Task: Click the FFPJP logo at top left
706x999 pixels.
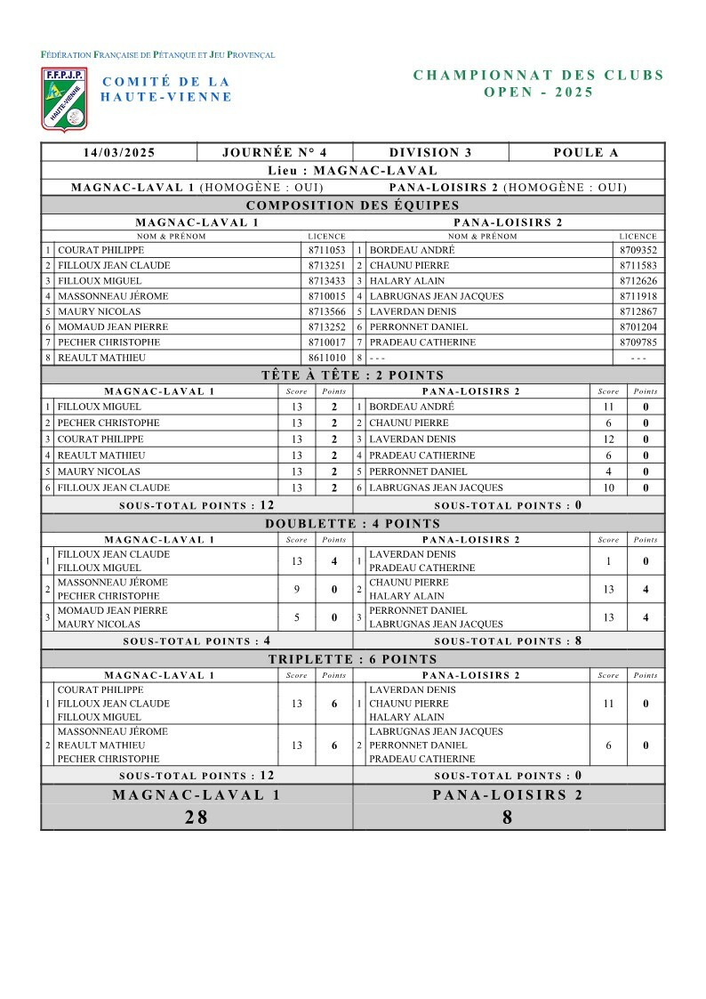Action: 64,99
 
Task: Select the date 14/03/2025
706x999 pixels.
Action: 119,152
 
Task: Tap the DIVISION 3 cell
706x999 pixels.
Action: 430,152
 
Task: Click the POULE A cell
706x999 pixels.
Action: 586,152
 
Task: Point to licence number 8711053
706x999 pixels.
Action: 326,251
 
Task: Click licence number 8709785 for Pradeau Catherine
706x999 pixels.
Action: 638,342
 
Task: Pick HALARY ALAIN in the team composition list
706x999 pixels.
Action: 400,281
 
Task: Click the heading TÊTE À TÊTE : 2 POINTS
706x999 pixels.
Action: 353,375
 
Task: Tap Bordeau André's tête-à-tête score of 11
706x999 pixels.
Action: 608,407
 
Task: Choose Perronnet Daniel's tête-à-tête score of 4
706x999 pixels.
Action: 608,471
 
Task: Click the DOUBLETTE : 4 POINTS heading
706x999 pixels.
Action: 353,524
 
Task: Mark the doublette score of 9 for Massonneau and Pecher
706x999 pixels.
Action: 297,590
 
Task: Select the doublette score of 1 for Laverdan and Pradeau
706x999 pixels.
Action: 608,561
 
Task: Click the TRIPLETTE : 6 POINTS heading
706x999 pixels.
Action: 353,659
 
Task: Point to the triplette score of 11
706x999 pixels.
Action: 608,704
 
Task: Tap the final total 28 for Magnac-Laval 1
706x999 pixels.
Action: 196,818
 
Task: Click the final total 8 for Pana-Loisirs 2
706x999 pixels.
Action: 508,818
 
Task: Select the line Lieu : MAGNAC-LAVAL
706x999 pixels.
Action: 353,170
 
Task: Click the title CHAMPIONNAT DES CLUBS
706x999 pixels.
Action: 539,76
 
